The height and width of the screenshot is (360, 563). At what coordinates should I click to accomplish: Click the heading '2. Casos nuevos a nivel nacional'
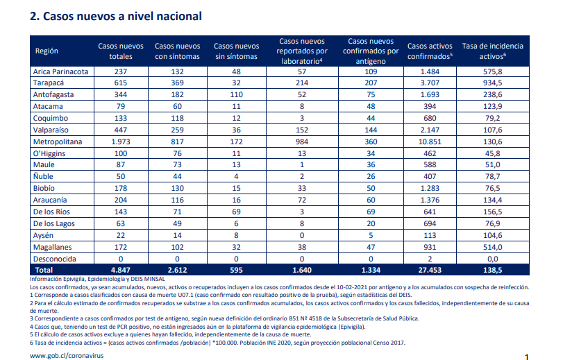[116, 16]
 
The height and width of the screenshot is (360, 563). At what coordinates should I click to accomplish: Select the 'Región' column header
[47, 51]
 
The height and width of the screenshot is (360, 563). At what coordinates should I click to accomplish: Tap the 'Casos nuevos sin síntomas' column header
[236, 51]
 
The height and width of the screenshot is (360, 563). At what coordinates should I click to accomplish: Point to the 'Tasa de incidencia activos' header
[492, 51]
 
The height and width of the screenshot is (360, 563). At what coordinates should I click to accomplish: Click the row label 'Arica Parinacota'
[60, 71]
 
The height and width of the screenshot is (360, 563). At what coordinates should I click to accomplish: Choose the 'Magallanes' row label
[53, 247]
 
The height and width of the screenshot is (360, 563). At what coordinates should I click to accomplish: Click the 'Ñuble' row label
[43, 176]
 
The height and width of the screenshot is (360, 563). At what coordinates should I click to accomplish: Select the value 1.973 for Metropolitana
[121, 142]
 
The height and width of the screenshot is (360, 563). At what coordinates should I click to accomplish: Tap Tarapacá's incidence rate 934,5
[493, 83]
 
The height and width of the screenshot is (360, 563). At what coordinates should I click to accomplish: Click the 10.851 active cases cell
[430, 142]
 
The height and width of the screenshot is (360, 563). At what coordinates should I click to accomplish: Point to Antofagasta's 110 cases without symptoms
[236, 95]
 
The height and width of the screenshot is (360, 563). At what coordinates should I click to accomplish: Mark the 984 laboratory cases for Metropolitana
[302, 142]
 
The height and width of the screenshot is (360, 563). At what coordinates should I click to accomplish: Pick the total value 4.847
[121, 270]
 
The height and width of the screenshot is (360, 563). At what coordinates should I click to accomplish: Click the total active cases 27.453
[430, 270]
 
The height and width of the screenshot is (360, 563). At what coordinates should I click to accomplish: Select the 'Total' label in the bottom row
[44, 270]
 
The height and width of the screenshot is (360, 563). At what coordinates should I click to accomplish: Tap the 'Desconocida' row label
[55, 259]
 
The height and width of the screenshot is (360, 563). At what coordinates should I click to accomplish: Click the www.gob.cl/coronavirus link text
[67, 356]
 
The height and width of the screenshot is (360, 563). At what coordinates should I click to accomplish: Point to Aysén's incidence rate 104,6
[493, 235]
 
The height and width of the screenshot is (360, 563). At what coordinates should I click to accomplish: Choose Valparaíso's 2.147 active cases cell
[430, 130]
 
